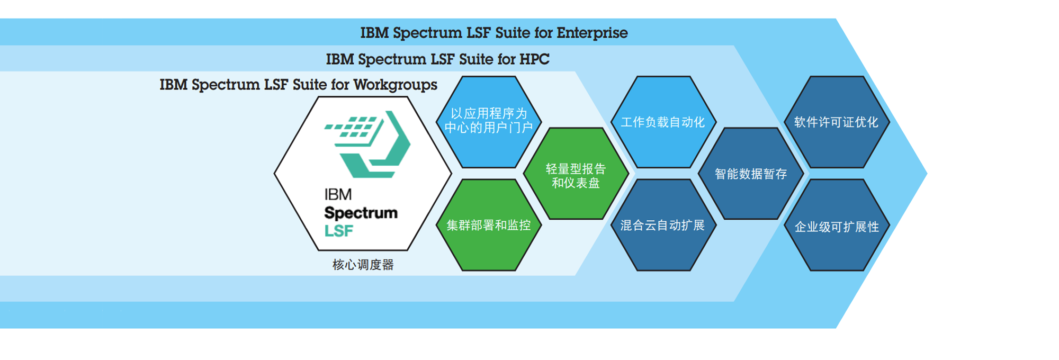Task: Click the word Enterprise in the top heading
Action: [x=592, y=33]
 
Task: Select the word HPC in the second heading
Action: [x=534, y=59]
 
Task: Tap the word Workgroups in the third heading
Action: [x=395, y=85]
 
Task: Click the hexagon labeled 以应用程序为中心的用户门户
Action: [x=489, y=122]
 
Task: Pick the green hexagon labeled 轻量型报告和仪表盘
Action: [x=576, y=174]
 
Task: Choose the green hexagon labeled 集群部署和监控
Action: [x=489, y=225]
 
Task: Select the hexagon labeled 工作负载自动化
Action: [x=663, y=122]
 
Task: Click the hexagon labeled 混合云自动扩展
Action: [x=663, y=225]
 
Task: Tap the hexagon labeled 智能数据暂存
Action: [x=751, y=174]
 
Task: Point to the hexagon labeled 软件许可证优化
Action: [x=837, y=122]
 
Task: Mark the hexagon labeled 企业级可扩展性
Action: [x=837, y=225]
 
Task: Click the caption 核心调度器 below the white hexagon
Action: [x=363, y=265]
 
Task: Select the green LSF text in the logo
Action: [x=339, y=231]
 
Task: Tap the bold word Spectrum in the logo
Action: [x=361, y=213]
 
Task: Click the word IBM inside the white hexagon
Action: [x=338, y=194]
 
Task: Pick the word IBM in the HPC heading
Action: [x=340, y=59]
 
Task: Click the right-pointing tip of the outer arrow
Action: [x=927, y=173]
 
